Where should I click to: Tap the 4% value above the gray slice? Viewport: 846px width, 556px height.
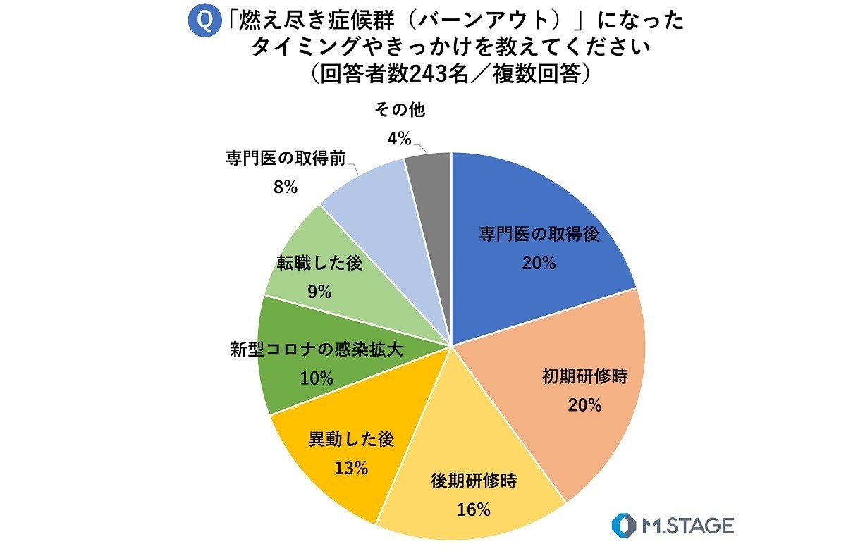[399, 139]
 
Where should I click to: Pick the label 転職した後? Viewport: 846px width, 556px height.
[319, 264]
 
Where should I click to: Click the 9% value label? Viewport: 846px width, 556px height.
[319, 291]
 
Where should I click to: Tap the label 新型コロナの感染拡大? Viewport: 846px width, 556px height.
[317, 350]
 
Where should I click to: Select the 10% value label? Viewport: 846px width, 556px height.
[317, 378]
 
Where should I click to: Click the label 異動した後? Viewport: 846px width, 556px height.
[351, 439]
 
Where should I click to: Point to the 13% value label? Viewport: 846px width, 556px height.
[351, 467]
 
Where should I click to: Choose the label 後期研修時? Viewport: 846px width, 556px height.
[474, 482]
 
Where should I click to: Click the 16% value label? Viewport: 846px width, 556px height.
[474, 510]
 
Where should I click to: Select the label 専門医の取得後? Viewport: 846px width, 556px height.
[539, 235]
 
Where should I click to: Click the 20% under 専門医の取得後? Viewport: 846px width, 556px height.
[539, 263]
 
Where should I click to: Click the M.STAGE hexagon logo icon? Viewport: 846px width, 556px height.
[623, 526]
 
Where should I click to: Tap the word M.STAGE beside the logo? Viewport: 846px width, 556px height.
[688, 526]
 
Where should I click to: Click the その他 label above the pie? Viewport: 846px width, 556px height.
[399, 110]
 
